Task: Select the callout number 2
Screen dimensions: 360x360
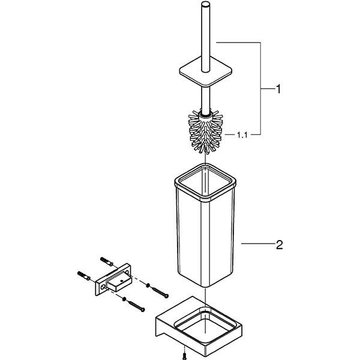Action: click(278, 244)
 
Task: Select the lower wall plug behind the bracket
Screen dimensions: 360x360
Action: click(85, 275)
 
